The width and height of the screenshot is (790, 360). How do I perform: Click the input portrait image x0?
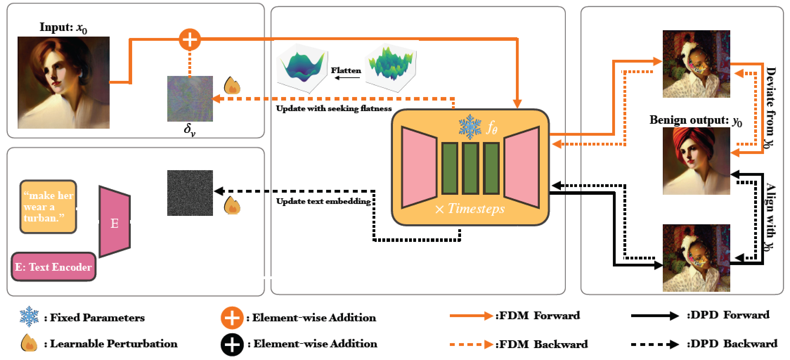(x=64, y=83)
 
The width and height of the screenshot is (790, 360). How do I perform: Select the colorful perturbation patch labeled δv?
(x=190, y=99)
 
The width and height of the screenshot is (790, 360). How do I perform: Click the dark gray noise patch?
(x=190, y=193)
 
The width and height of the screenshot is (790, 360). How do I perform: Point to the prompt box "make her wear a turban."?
(x=48, y=207)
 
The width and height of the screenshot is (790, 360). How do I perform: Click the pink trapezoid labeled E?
(x=115, y=222)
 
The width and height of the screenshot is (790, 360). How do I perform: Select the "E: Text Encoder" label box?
(x=53, y=267)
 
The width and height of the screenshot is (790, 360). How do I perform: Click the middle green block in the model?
(x=470, y=168)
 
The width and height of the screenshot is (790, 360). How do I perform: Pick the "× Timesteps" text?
(x=470, y=209)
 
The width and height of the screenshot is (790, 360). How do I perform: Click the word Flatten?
(x=346, y=71)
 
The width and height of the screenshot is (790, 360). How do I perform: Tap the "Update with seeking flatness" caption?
(x=334, y=109)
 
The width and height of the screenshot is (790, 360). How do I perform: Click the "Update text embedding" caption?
(x=323, y=202)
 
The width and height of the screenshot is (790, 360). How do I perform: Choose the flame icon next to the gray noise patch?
(x=232, y=206)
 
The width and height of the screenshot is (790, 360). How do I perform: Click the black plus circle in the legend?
(x=232, y=344)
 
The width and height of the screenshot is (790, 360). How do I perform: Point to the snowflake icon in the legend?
(x=29, y=317)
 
